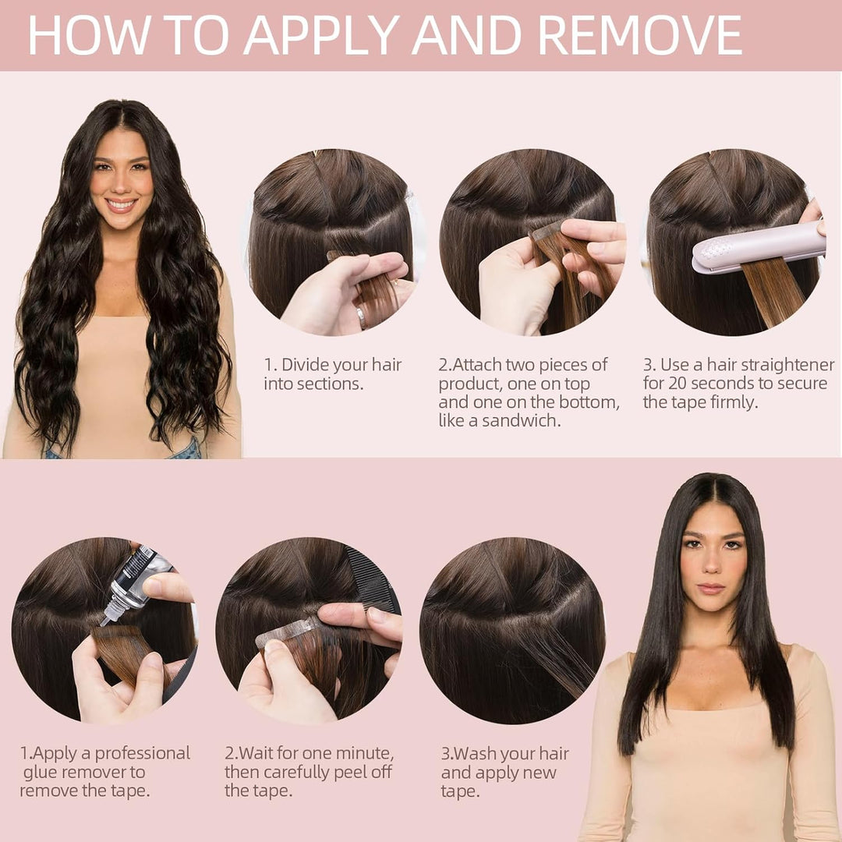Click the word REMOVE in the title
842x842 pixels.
click(639, 35)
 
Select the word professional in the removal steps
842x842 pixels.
click(143, 753)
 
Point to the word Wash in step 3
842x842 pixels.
click(476, 754)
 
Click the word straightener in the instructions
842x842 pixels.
click(787, 365)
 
